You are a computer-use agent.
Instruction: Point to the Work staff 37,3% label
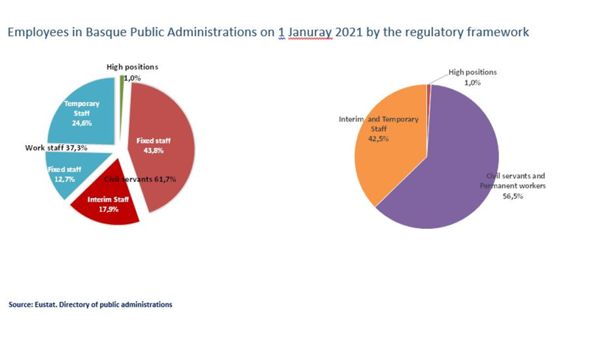coord(57,148)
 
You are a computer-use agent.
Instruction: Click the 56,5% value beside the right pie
coord(512,196)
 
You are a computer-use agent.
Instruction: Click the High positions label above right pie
coord(472,72)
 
